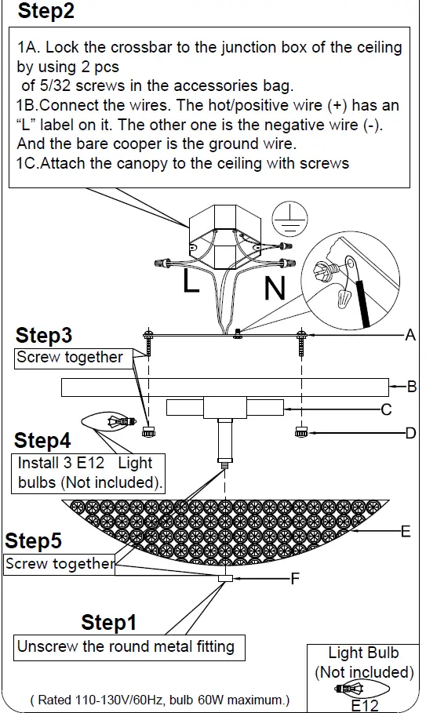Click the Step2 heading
coord(46,11)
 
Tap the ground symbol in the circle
coord(289,218)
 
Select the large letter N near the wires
coord(275,287)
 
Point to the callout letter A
coord(410,335)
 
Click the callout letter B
coord(411,387)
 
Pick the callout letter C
coord(386,409)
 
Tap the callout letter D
coord(410,433)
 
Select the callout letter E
coord(406,531)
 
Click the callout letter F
coord(295,578)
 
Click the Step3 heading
coord(44,336)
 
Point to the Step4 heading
coord(42,440)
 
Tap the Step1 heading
coord(109,622)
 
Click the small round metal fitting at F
coord(225,578)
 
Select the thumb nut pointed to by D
coord(301,432)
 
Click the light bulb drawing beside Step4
coord(109,421)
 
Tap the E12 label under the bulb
coord(365,705)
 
